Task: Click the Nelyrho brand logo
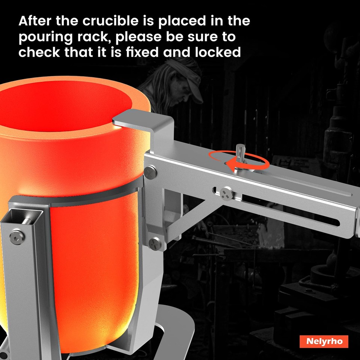(x=324, y=341)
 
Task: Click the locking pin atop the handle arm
(x=240, y=154)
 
